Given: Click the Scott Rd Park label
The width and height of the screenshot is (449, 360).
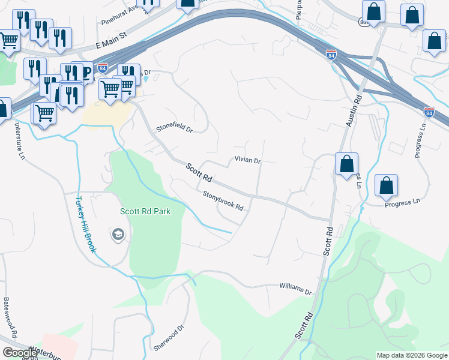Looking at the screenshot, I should [x=145, y=211].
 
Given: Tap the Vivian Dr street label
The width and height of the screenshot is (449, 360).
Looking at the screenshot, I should [x=247, y=161].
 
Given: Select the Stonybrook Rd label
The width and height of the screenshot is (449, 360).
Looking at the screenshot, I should [x=223, y=201].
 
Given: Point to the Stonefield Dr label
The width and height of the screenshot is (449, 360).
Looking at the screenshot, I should [x=174, y=128].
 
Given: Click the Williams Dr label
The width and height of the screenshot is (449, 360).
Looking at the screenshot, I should [x=296, y=289].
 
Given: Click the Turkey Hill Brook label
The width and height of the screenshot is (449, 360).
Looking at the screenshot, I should [x=85, y=225].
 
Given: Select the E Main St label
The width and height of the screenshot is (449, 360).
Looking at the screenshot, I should [x=112, y=41].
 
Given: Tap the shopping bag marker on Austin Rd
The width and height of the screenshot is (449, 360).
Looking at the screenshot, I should [x=347, y=164].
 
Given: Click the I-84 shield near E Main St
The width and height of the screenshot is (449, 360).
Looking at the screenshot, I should [x=103, y=68].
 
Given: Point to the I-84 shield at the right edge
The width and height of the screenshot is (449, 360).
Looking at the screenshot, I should [x=429, y=112].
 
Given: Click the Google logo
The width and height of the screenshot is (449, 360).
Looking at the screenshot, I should [x=19, y=353].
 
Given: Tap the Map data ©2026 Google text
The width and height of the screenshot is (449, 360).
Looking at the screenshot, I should [x=411, y=355].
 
